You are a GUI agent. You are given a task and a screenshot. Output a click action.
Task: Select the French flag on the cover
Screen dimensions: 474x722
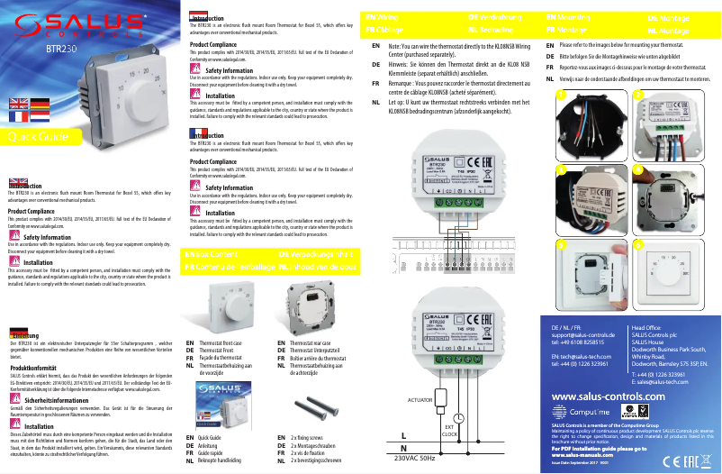pos(18,115)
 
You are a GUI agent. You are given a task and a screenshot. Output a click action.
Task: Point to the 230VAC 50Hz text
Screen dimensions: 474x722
pos(416,459)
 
